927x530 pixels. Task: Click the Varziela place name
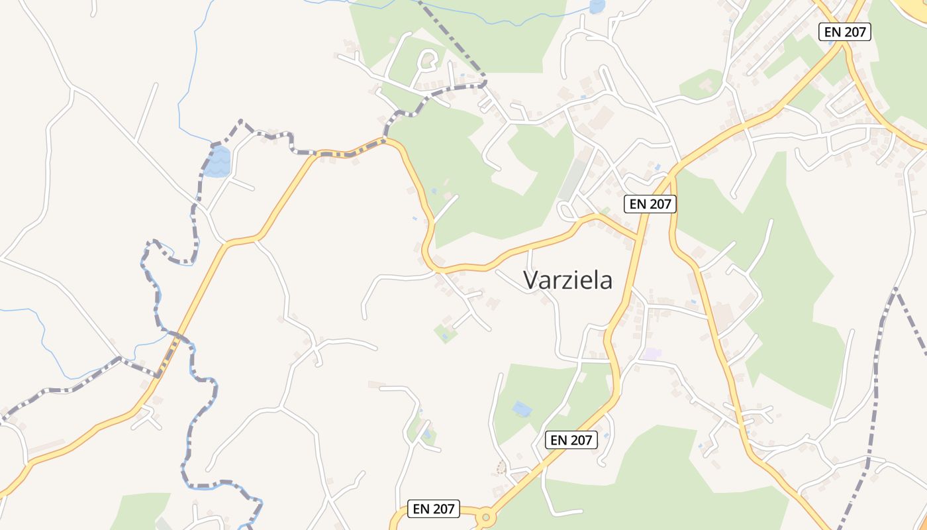tap(568, 280)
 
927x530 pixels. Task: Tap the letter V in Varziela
tap(530, 280)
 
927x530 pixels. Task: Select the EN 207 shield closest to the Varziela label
tap(650, 204)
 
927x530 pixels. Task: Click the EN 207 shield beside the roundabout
tap(433, 509)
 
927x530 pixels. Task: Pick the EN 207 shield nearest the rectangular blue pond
tap(571, 439)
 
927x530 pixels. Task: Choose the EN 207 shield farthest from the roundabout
tap(844, 31)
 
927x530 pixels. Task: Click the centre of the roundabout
tap(487, 517)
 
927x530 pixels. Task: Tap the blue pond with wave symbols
tap(217, 162)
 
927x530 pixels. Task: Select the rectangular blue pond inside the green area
tap(522, 409)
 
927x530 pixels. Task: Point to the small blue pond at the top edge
tap(597, 7)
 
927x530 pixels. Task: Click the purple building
tap(652, 354)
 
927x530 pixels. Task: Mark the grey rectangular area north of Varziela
tap(573, 180)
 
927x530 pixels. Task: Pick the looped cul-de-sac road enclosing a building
tap(427, 61)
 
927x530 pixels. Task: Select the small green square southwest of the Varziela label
tap(446, 333)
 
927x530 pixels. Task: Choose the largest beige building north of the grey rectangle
tap(601, 119)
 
